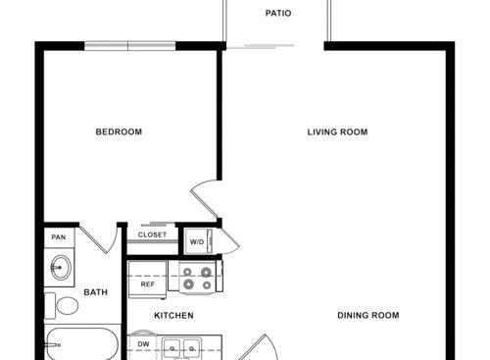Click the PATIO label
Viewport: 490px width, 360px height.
click(278, 14)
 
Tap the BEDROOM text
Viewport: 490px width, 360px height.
click(119, 132)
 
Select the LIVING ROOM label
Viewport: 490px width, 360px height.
click(337, 132)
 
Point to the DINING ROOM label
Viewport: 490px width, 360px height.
click(367, 315)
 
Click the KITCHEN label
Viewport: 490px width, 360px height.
click(173, 316)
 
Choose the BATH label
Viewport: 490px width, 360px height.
click(95, 292)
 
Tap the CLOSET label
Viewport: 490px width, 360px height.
click(152, 235)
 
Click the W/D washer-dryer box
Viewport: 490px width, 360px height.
click(197, 241)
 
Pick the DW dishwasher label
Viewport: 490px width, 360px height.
click(143, 345)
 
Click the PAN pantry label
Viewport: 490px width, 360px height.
click(58, 236)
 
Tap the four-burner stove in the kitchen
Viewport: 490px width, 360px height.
click(194, 278)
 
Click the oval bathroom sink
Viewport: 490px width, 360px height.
click(61, 267)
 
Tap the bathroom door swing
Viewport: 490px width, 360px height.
click(98, 237)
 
